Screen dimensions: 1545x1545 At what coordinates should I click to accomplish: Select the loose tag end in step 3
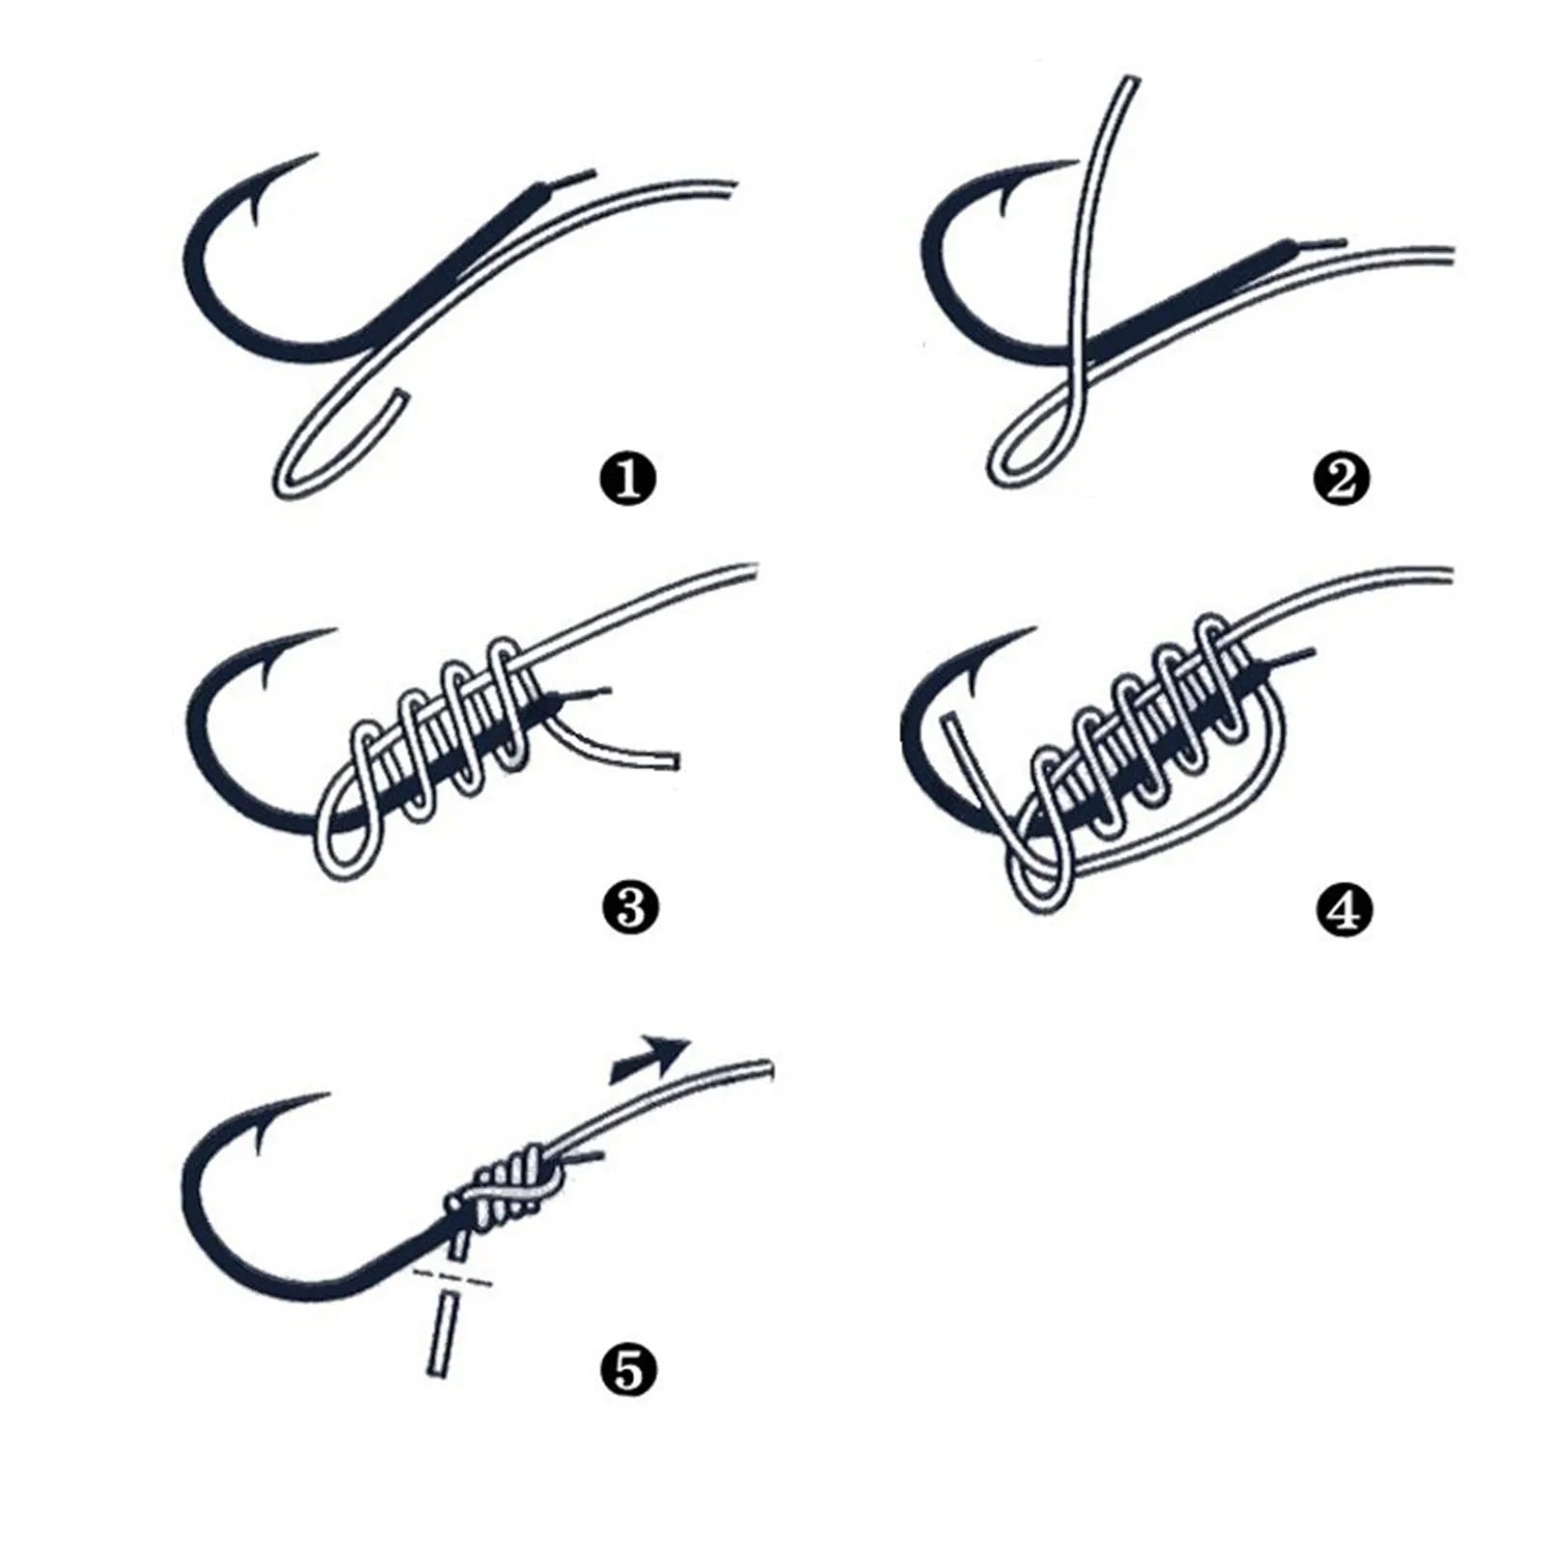(x=670, y=760)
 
